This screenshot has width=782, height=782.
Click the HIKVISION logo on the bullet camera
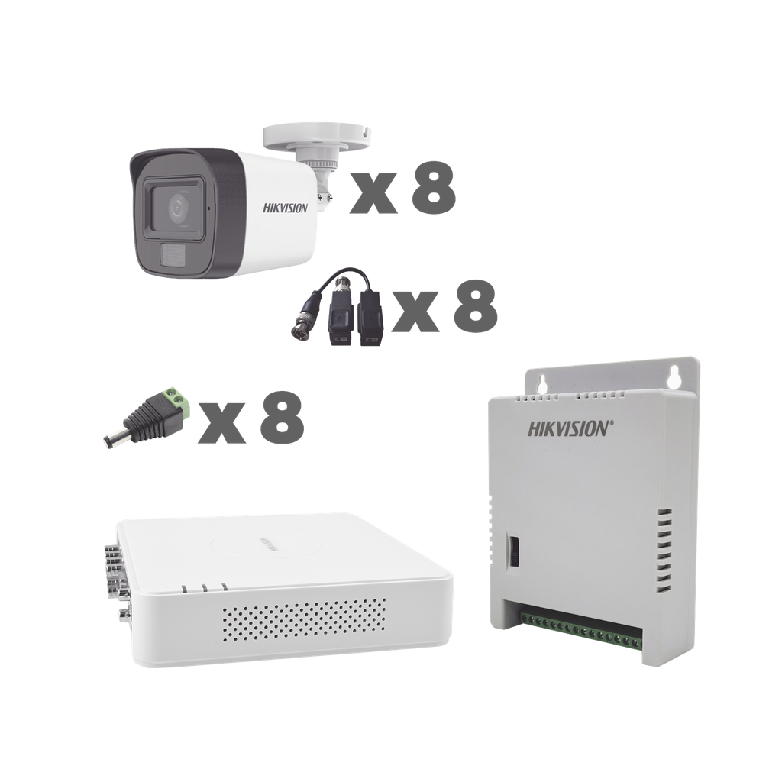(x=286, y=207)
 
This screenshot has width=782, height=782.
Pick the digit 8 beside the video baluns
(x=476, y=309)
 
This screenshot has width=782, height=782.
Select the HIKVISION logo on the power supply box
(x=569, y=428)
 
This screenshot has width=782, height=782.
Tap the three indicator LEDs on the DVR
(x=205, y=588)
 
